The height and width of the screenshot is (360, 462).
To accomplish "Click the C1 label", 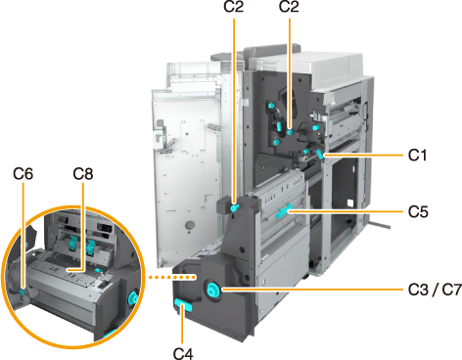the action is [x=417, y=156].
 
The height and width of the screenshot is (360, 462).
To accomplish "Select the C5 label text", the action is [x=418, y=212].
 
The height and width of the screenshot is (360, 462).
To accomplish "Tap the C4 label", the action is [x=183, y=353].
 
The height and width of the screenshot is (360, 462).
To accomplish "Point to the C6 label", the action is [x=23, y=174].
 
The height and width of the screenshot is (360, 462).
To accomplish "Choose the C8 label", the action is [x=83, y=174].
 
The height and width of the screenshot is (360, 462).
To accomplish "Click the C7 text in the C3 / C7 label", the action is [x=451, y=290].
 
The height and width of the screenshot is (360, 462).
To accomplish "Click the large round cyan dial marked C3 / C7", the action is [x=212, y=290].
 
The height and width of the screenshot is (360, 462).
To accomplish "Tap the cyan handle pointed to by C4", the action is [x=183, y=306].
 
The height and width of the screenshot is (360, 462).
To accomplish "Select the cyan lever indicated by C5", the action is [x=283, y=212].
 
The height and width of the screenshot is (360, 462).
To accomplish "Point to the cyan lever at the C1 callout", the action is [x=320, y=155].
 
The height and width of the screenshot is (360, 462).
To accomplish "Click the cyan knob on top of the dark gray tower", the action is [x=234, y=207].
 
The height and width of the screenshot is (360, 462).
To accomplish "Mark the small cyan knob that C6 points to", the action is [x=22, y=292].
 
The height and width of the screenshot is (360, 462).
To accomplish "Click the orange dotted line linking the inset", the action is [x=172, y=277].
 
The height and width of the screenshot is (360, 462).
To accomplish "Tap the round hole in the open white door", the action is [x=190, y=225].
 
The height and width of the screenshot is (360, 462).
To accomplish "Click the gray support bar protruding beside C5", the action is [x=380, y=225].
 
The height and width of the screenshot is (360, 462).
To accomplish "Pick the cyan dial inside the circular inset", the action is [x=133, y=298].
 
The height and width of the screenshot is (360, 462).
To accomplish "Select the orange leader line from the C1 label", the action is [x=363, y=156].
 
